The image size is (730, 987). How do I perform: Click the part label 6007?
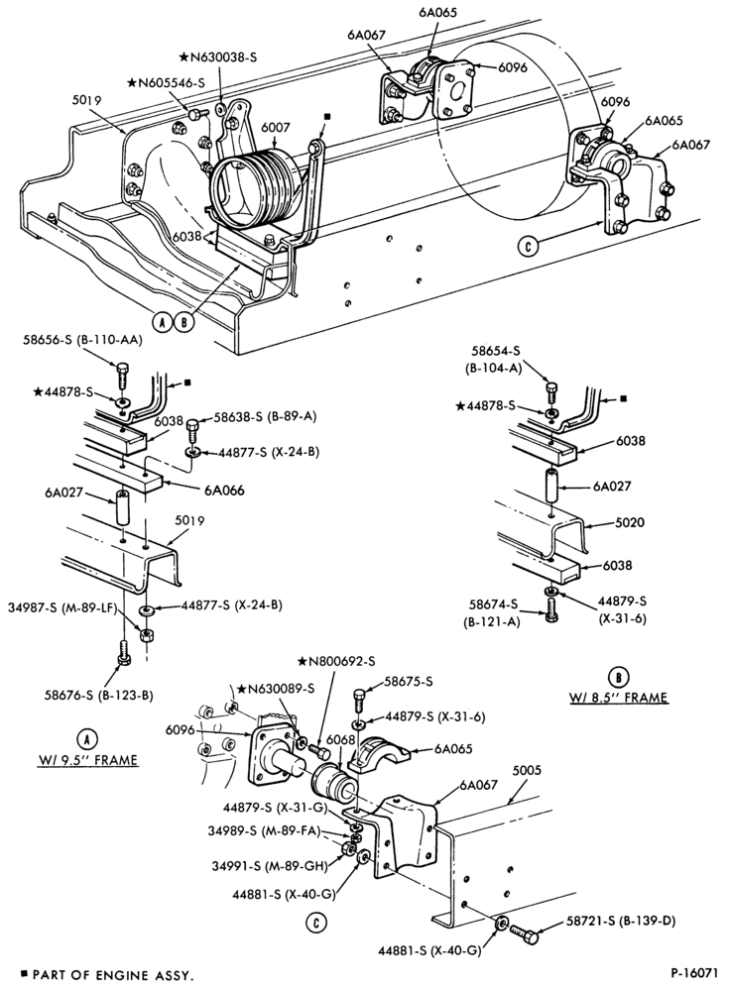point(276,128)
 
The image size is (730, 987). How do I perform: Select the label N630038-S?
point(218,56)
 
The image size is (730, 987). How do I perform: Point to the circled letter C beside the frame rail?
point(529,246)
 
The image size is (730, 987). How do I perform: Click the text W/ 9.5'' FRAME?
point(86,760)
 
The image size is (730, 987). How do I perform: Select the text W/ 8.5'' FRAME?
point(618,698)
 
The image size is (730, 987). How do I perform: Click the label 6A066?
point(223,491)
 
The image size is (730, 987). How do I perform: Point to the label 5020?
point(631,522)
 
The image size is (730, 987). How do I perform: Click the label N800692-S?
point(336,662)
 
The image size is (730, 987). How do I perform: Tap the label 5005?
point(527,770)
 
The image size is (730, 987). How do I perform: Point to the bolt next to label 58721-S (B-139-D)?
point(524,932)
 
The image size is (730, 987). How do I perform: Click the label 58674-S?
point(494,604)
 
